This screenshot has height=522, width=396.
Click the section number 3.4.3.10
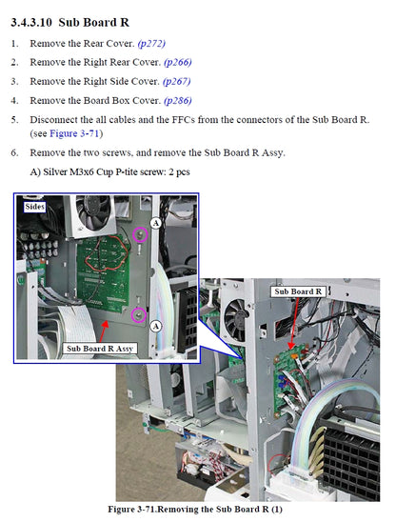pyautogui.click(x=31, y=23)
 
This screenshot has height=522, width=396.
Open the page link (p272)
pyautogui.click(x=151, y=44)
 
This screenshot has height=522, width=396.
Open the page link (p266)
pyautogui.click(x=178, y=62)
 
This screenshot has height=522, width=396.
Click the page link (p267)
pyautogui.click(x=176, y=82)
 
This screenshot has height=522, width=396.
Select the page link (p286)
pyautogui.click(x=178, y=101)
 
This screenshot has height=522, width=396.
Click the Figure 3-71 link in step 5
pyautogui.click(x=74, y=133)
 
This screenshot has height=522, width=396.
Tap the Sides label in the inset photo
pyautogui.click(x=34, y=207)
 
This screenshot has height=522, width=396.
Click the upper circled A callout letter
pyautogui.click(x=156, y=223)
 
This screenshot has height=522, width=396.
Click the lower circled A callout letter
pyautogui.click(x=156, y=326)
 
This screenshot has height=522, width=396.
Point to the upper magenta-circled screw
pyautogui.click(x=140, y=234)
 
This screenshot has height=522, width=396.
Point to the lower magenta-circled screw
pyautogui.click(x=139, y=315)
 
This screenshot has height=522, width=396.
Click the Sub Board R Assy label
pyautogui.click(x=100, y=349)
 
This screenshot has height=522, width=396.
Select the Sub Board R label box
pyautogui.click(x=298, y=291)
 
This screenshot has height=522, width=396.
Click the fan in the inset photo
pyautogui.click(x=93, y=214)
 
